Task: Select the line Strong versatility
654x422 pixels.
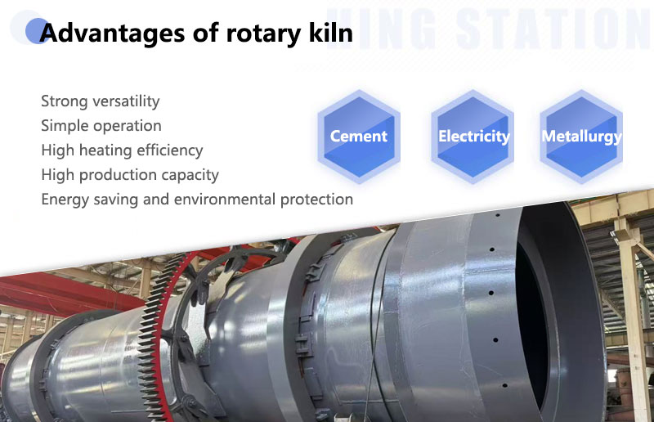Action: tap(100, 101)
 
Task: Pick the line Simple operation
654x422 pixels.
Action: tap(101, 126)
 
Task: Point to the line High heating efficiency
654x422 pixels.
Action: tap(122, 150)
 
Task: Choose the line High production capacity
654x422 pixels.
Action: tap(130, 175)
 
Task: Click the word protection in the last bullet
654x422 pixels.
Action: tap(313, 200)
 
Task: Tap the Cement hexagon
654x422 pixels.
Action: tap(359, 137)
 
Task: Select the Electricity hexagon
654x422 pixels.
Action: tap(473, 137)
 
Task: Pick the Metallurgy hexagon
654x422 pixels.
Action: tap(581, 137)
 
